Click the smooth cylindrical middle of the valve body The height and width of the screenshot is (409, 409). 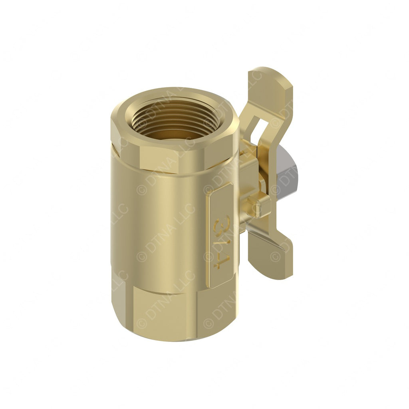[x=168, y=224]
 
